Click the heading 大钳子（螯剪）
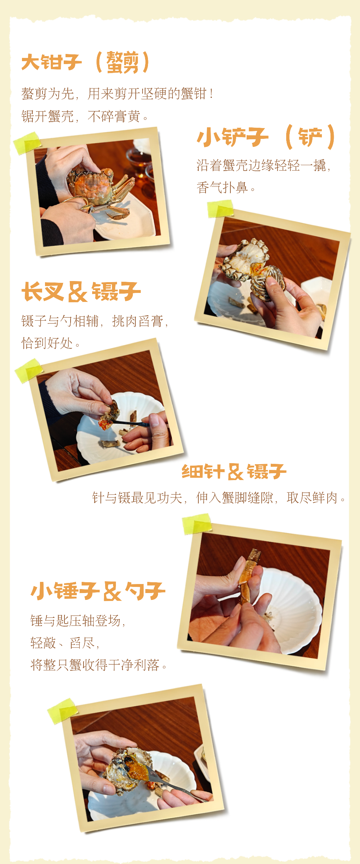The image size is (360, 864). pyautogui.click(x=85, y=63)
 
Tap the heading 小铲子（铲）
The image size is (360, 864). pyautogui.click(x=266, y=137)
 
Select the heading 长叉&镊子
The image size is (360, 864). pyautogui.click(x=81, y=291)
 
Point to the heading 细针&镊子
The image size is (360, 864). pyautogui.click(x=234, y=472)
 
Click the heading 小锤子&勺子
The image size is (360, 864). pyautogui.click(x=98, y=591)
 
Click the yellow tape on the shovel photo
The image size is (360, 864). pyautogui.click(x=220, y=209)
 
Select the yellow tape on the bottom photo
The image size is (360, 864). pyautogui.click(x=62, y=711)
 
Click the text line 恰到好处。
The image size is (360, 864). pyautogui.click(x=50, y=343)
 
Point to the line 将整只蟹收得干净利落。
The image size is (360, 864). pyautogui.click(x=99, y=665)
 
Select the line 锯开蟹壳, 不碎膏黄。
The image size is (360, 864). pyautogui.click(x=85, y=116)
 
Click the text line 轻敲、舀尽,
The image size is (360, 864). pyautogui.click(x=65, y=643)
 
